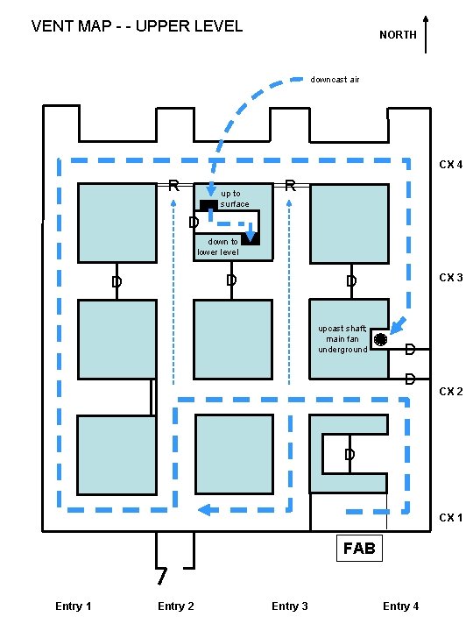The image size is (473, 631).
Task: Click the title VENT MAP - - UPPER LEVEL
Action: click(137, 26)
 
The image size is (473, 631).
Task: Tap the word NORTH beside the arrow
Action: click(398, 35)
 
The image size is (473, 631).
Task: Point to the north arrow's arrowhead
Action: click(426, 18)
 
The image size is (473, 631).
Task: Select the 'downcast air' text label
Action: click(335, 80)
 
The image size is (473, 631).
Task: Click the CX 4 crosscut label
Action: click(450, 165)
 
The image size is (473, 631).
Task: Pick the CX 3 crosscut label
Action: click(450, 278)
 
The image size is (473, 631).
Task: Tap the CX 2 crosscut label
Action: click(450, 391)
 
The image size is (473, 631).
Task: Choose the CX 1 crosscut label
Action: click(450, 517)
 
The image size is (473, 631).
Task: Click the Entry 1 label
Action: click(74, 606)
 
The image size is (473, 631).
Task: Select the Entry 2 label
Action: click(176, 606)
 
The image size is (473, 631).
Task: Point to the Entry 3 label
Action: click(290, 606)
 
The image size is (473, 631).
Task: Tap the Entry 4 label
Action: click(400, 606)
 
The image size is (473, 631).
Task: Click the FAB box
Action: click(359, 548)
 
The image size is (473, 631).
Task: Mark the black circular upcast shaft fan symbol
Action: click(380, 339)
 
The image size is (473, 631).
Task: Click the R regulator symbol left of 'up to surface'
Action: click(173, 186)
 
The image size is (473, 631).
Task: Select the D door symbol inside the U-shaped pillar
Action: click(349, 454)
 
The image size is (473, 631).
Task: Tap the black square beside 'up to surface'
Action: click(208, 205)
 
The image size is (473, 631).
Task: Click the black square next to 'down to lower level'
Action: click(251, 239)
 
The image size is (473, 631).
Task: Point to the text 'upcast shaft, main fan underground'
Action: click(342, 339)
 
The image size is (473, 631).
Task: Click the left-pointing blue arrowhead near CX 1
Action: click(205, 510)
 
